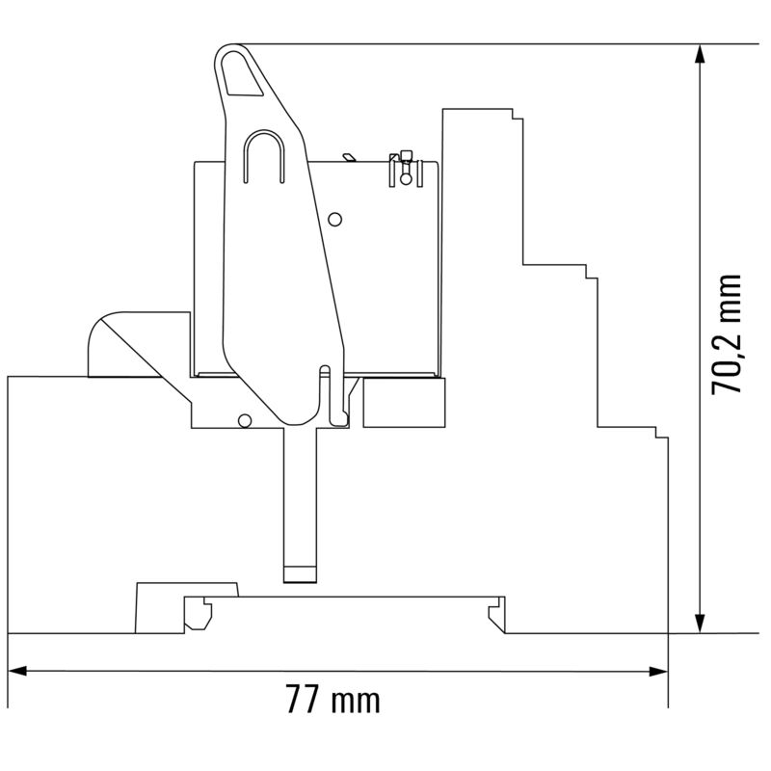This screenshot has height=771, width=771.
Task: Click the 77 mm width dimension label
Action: (x=332, y=699)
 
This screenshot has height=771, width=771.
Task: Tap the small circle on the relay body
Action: (x=335, y=219)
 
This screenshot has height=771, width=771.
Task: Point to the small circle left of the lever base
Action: (x=245, y=419)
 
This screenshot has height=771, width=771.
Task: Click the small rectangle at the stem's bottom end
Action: (x=299, y=574)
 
